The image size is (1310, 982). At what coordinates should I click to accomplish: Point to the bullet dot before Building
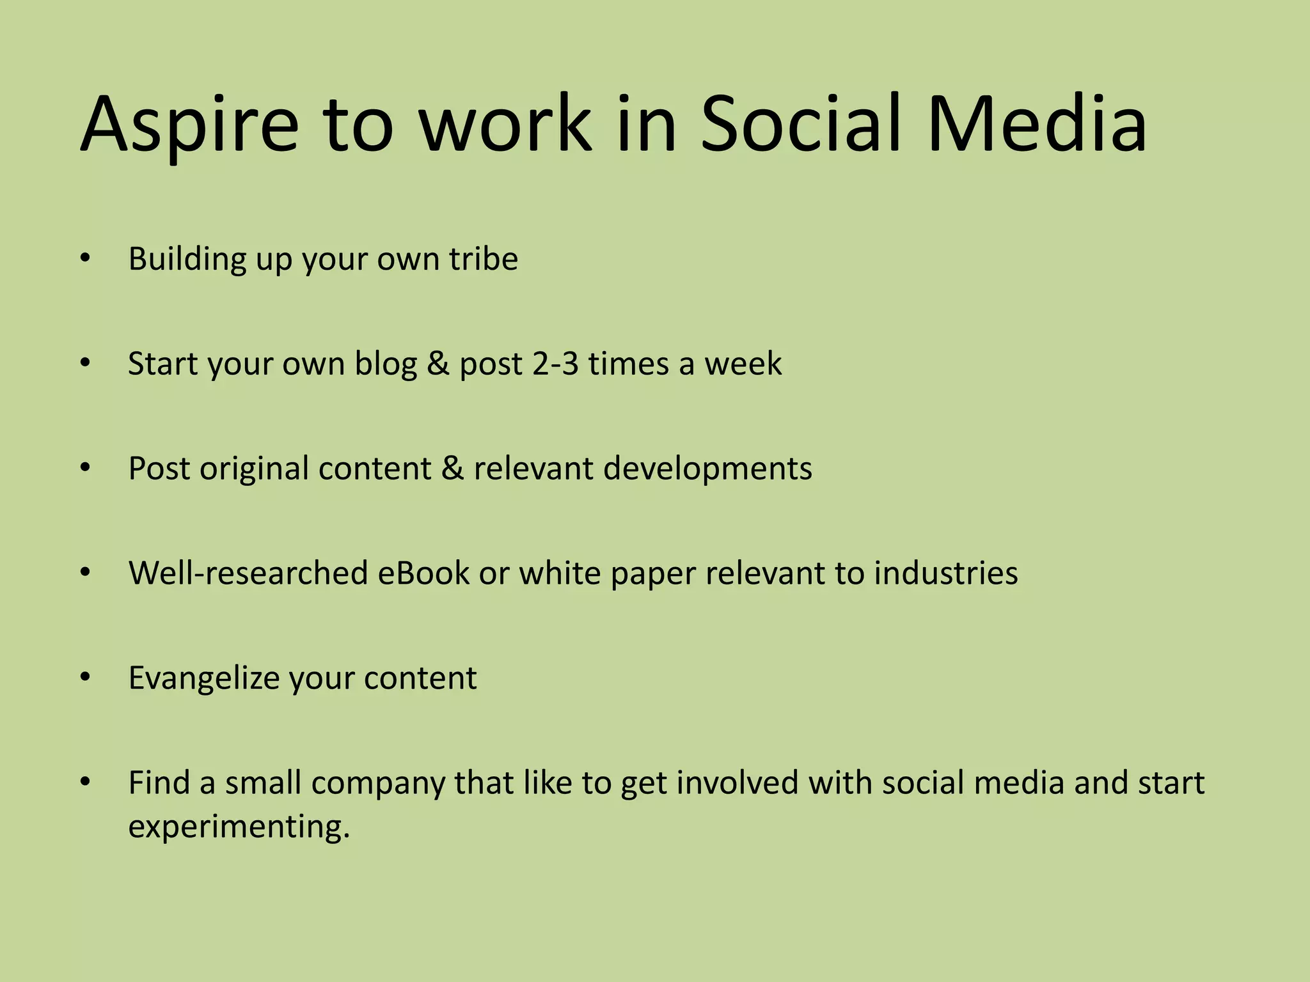(x=86, y=259)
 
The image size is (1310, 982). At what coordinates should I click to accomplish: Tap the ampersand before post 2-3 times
(x=438, y=364)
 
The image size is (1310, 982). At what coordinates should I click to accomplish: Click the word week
(x=743, y=364)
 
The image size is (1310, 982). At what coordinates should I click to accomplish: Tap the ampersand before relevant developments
(x=452, y=469)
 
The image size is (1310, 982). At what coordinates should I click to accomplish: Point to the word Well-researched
(x=248, y=573)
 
